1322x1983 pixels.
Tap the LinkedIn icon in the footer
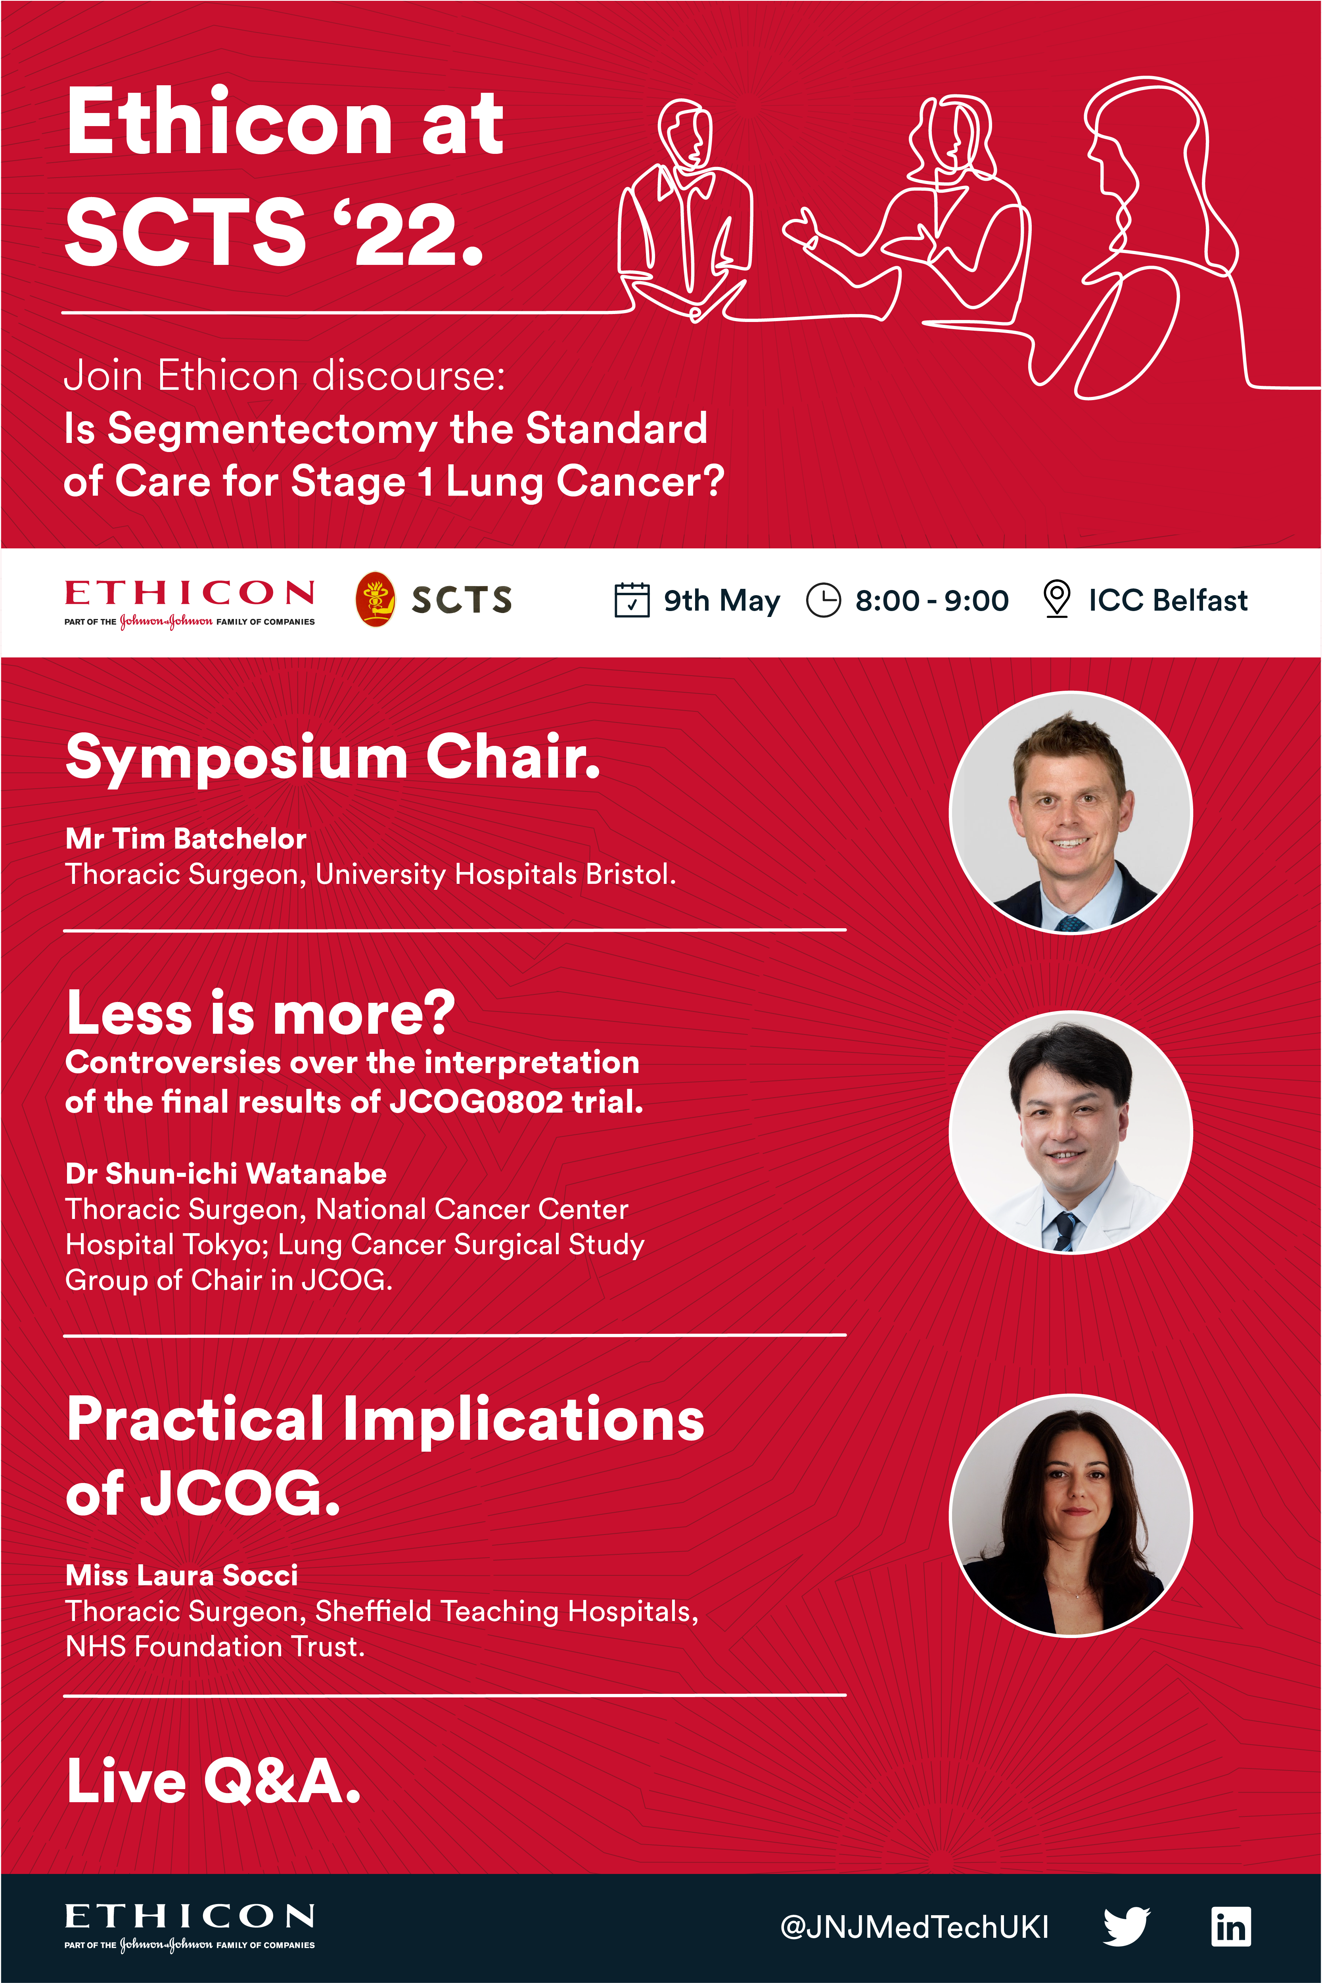pyautogui.click(x=1231, y=1927)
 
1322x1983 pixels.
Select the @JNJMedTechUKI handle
pyautogui.click(x=915, y=1927)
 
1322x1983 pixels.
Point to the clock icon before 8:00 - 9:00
pyautogui.click(x=824, y=600)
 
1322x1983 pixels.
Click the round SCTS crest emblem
pyautogui.click(x=375, y=600)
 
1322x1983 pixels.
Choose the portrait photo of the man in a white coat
pyautogui.click(x=1071, y=1132)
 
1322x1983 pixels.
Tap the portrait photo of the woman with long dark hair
pyautogui.click(x=1071, y=1515)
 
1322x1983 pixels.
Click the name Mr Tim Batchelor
pyautogui.click(x=186, y=839)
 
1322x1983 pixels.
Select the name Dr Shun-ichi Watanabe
pyautogui.click(x=226, y=1174)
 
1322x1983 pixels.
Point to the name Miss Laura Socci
pyautogui.click(x=182, y=1575)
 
